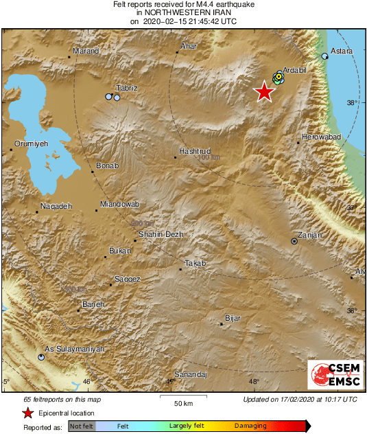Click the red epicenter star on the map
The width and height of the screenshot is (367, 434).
pyautogui.click(x=264, y=91)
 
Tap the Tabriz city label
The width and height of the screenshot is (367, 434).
pyautogui.click(x=127, y=88)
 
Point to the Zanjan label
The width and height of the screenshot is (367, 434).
pyautogui.click(x=309, y=236)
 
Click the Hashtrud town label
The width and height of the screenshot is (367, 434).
pyautogui.click(x=193, y=150)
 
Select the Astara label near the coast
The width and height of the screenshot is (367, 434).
pyautogui.click(x=342, y=51)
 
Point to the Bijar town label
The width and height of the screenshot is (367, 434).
pyautogui.click(x=234, y=319)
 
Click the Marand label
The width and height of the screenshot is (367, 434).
pyautogui.click(x=86, y=51)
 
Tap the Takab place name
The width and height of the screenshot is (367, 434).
pyautogui.click(x=196, y=263)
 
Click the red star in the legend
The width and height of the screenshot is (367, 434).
pyautogui.click(x=27, y=413)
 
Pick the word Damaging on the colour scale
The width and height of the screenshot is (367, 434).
pyautogui.click(x=250, y=426)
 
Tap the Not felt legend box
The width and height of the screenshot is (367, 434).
pyautogui.click(x=82, y=426)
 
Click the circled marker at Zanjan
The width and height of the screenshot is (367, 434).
pyautogui.click(x=294, y=241)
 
